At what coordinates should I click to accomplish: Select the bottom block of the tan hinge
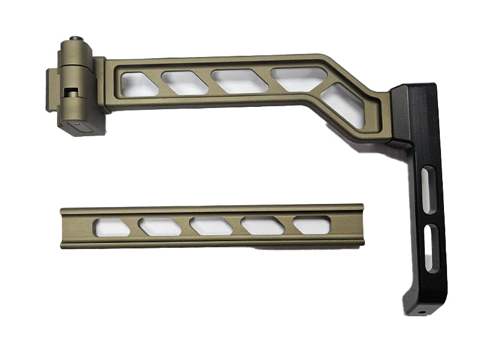80,124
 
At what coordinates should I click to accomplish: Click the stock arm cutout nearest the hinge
138,84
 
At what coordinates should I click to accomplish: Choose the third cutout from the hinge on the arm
238,81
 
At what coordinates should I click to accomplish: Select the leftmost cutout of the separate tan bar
112,227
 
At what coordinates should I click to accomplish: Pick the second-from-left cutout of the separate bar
160,226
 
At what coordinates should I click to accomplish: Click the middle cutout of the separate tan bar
211,226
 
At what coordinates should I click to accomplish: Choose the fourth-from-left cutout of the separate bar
262,225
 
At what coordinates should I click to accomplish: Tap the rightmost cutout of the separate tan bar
311,224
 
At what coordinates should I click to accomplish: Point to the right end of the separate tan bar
359,223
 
